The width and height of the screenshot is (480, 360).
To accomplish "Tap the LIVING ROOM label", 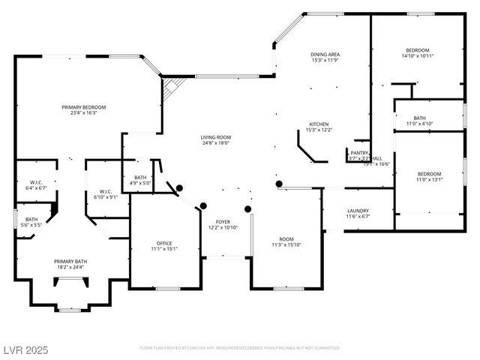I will click(215, 137).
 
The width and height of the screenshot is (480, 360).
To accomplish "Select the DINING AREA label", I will click(325, 55).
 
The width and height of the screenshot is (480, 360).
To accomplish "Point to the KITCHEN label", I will click(319, 124).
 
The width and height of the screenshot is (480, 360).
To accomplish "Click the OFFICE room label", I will click(165, 244).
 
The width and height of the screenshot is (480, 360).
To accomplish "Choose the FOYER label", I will click(223, 222).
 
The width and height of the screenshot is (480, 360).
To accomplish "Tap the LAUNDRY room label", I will click(358, 211).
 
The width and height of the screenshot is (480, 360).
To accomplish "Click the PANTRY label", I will click(359, 152).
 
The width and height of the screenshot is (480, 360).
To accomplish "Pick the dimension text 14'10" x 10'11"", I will click(418, 55).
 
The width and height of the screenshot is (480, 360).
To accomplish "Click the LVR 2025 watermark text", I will click(24, 349).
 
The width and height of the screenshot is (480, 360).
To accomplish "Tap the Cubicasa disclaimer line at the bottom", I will click(240, 348).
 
